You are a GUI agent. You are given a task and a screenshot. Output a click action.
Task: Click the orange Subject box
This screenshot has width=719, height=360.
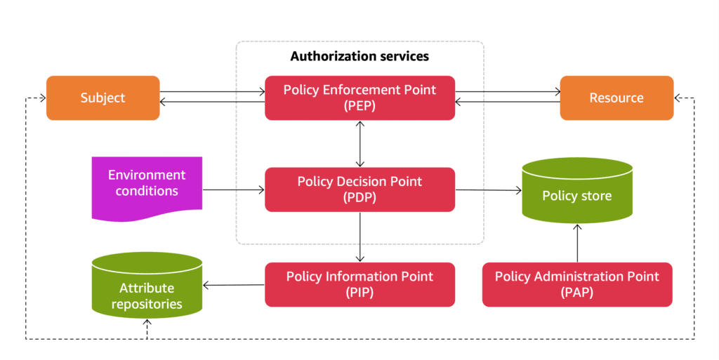click(x=103, y=98)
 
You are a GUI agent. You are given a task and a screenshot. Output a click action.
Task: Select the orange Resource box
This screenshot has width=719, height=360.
click(x=616, y=98)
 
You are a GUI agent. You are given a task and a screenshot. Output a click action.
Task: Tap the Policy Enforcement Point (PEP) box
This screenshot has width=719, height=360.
click(x=359, y=98)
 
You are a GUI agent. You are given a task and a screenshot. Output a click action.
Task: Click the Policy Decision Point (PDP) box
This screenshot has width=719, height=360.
click(x=359, y=189)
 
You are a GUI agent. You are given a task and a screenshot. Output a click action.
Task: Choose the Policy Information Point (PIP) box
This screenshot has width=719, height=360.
click(x=359, y=284)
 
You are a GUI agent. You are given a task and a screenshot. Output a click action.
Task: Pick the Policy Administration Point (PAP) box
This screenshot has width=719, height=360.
click(x=576, y=284)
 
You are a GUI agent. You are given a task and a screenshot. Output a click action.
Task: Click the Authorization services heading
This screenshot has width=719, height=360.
click(x=359, y=55)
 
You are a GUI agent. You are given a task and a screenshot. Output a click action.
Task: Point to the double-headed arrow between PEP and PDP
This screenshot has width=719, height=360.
click(x=360, y=143)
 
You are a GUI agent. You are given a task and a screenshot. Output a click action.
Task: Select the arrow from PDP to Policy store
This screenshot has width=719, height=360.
click(x=488, y=189)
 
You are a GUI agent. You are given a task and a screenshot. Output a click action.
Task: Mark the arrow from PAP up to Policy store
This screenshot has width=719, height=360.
click(x=577, y=243)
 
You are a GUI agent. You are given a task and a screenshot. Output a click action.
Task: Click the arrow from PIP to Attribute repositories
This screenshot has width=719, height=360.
click(x=233, y=285)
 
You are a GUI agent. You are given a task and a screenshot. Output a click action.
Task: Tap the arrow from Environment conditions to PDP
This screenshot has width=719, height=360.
click(x=233, y=189)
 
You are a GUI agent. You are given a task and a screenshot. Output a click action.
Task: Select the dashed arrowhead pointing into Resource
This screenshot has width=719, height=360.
click(x=679, y=98)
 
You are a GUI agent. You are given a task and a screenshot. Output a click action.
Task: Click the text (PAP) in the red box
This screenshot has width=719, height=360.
click(x=576, y=293)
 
